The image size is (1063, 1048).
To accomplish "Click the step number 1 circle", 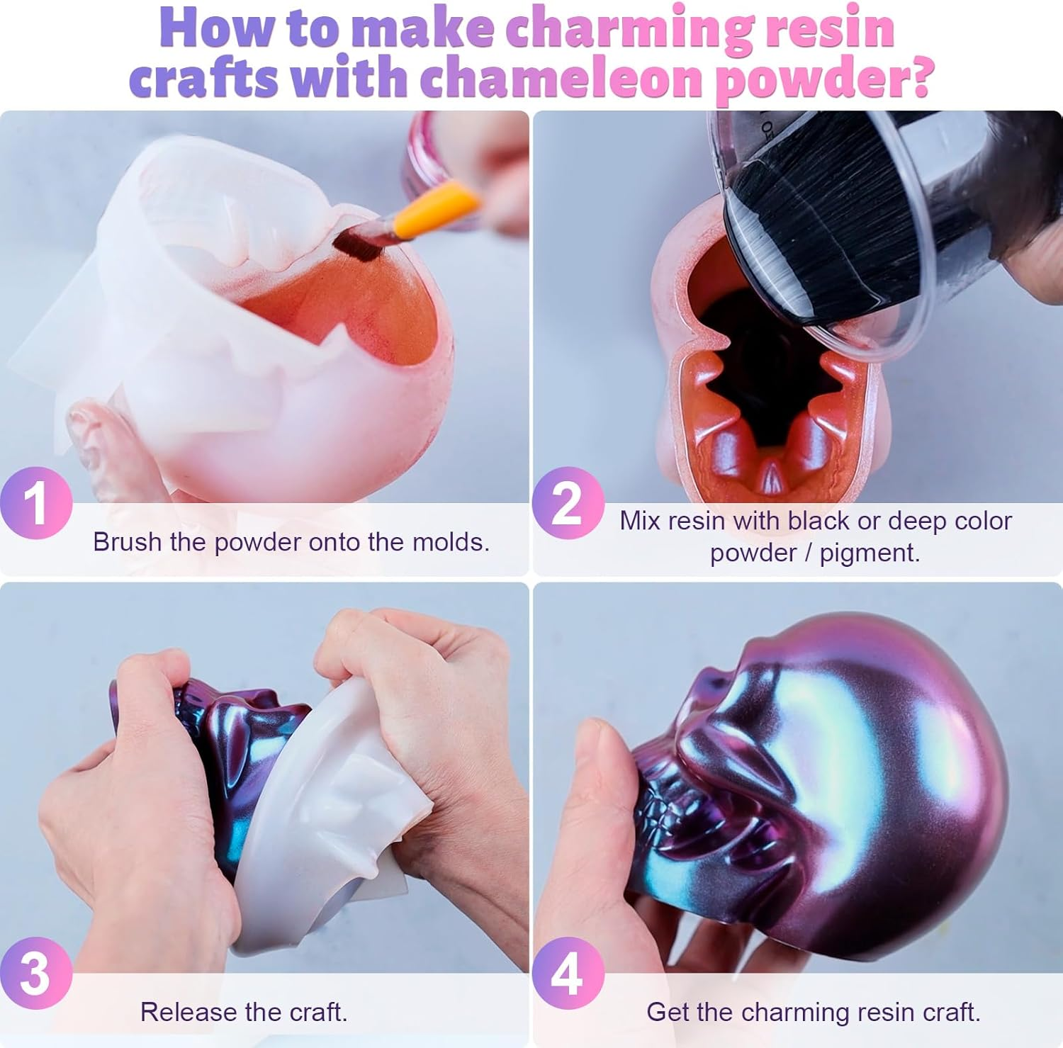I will pyautogui.click(x=35, y=503).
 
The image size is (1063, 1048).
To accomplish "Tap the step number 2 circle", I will pyautogui.click(x=568, y=503).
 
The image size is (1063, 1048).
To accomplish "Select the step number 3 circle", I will pyautogui.click(x=35, y=974).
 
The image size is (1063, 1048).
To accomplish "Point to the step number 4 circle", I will pyautogui.click(x=568, y=974).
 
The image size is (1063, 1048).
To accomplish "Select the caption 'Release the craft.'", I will pyautogui.click(x=244, y=1012).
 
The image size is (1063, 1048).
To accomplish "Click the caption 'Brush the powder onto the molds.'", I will pyautogui.click(x=291, y=542).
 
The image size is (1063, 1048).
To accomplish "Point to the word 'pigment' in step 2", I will pyautogui.click(x=867, y=553).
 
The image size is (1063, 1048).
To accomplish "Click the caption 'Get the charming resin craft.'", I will pyautogui.click(x=813, y=1012).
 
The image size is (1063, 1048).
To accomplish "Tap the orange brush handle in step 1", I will pyautogui.click(x=432, y=209).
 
